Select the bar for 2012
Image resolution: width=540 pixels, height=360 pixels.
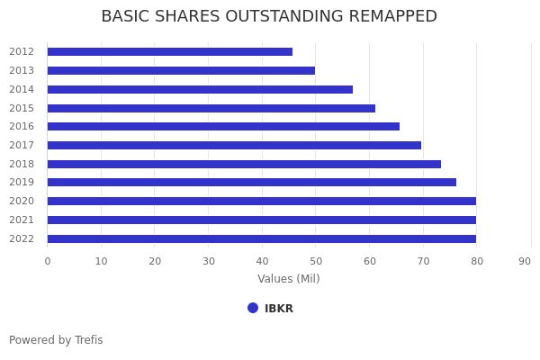click(169, 52)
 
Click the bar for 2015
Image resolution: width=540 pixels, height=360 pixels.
click(211, 108)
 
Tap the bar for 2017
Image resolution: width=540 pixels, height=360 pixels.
click(234, 145)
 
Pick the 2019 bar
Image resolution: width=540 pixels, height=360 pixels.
click(251, 183)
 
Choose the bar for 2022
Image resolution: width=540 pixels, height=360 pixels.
click(261, 238)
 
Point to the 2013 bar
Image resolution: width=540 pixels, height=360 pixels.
click(181, 70)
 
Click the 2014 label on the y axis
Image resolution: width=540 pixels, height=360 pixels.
click(22, 89)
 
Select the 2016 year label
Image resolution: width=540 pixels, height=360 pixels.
click(22, 127)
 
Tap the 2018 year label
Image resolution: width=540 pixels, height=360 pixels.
click(22, 164)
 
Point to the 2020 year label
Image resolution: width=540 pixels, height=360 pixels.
click(22, 202)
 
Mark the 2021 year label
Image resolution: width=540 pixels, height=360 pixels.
click(22, 220)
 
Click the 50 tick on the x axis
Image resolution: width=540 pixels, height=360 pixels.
click(315, 261)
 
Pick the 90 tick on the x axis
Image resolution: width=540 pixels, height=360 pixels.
click(525, 261)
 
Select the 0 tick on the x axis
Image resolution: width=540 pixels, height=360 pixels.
click(48, 261)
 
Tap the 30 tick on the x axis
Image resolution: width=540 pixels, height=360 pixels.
click(208, 261)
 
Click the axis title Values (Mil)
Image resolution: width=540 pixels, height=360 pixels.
click(289, 279)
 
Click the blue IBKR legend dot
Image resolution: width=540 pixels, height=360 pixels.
click(253, 308)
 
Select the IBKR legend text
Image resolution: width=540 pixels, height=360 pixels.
click(279, 309)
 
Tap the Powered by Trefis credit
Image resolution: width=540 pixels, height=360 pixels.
click(56, 340)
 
